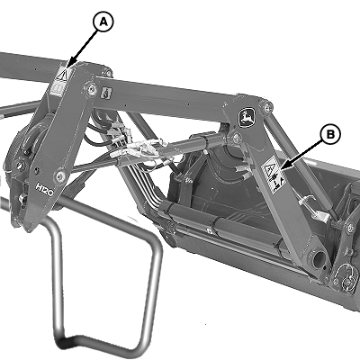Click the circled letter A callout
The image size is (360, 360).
pos(103,22)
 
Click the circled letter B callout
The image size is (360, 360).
pos(329,135)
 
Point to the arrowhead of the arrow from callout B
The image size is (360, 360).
pos(283,166)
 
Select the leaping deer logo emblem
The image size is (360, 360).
pos(247,118)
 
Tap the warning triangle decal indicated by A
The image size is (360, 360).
pos(61,74)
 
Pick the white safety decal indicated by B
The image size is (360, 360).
pos(274,174)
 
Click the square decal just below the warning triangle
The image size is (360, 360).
pos(57,89)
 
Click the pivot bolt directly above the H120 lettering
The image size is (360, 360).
pos(60,174)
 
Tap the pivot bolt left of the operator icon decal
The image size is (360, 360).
pos(91,88)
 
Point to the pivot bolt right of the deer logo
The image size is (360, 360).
pos(267,106)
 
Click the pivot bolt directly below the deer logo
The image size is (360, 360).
pos(237,138)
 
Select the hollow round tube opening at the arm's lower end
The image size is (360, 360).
pos(319,258)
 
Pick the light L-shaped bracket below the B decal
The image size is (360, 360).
pos(315,209)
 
